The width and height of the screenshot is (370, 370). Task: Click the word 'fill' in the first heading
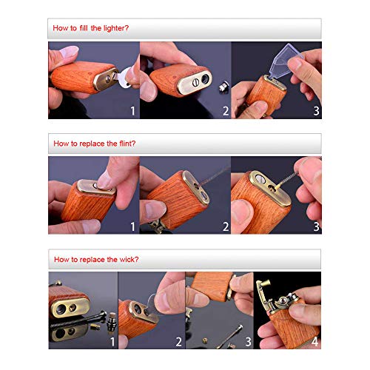(x=84, y=28)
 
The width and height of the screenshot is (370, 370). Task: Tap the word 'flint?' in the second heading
(x=127, y=144)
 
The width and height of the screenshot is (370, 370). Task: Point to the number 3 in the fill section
(x=316, y=111)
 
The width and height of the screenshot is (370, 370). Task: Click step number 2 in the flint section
(x=226, y=226)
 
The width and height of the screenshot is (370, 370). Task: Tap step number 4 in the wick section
(x=314, y=342)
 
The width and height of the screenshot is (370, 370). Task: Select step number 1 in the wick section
(x=112, y=342)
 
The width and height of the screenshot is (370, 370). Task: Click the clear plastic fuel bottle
(x=283, y=61)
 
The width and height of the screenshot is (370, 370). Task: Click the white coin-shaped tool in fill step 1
(x=124, y=78)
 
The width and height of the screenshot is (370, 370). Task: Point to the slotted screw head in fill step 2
(x=195, y=82)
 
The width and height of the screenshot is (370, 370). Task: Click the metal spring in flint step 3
(x=288, y=178)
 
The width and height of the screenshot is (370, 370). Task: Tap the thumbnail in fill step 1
(x=70, y=52)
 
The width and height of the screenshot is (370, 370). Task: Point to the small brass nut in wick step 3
(x=205, y=340)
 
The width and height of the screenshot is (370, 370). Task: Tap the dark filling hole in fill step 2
(x=205, y=79)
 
